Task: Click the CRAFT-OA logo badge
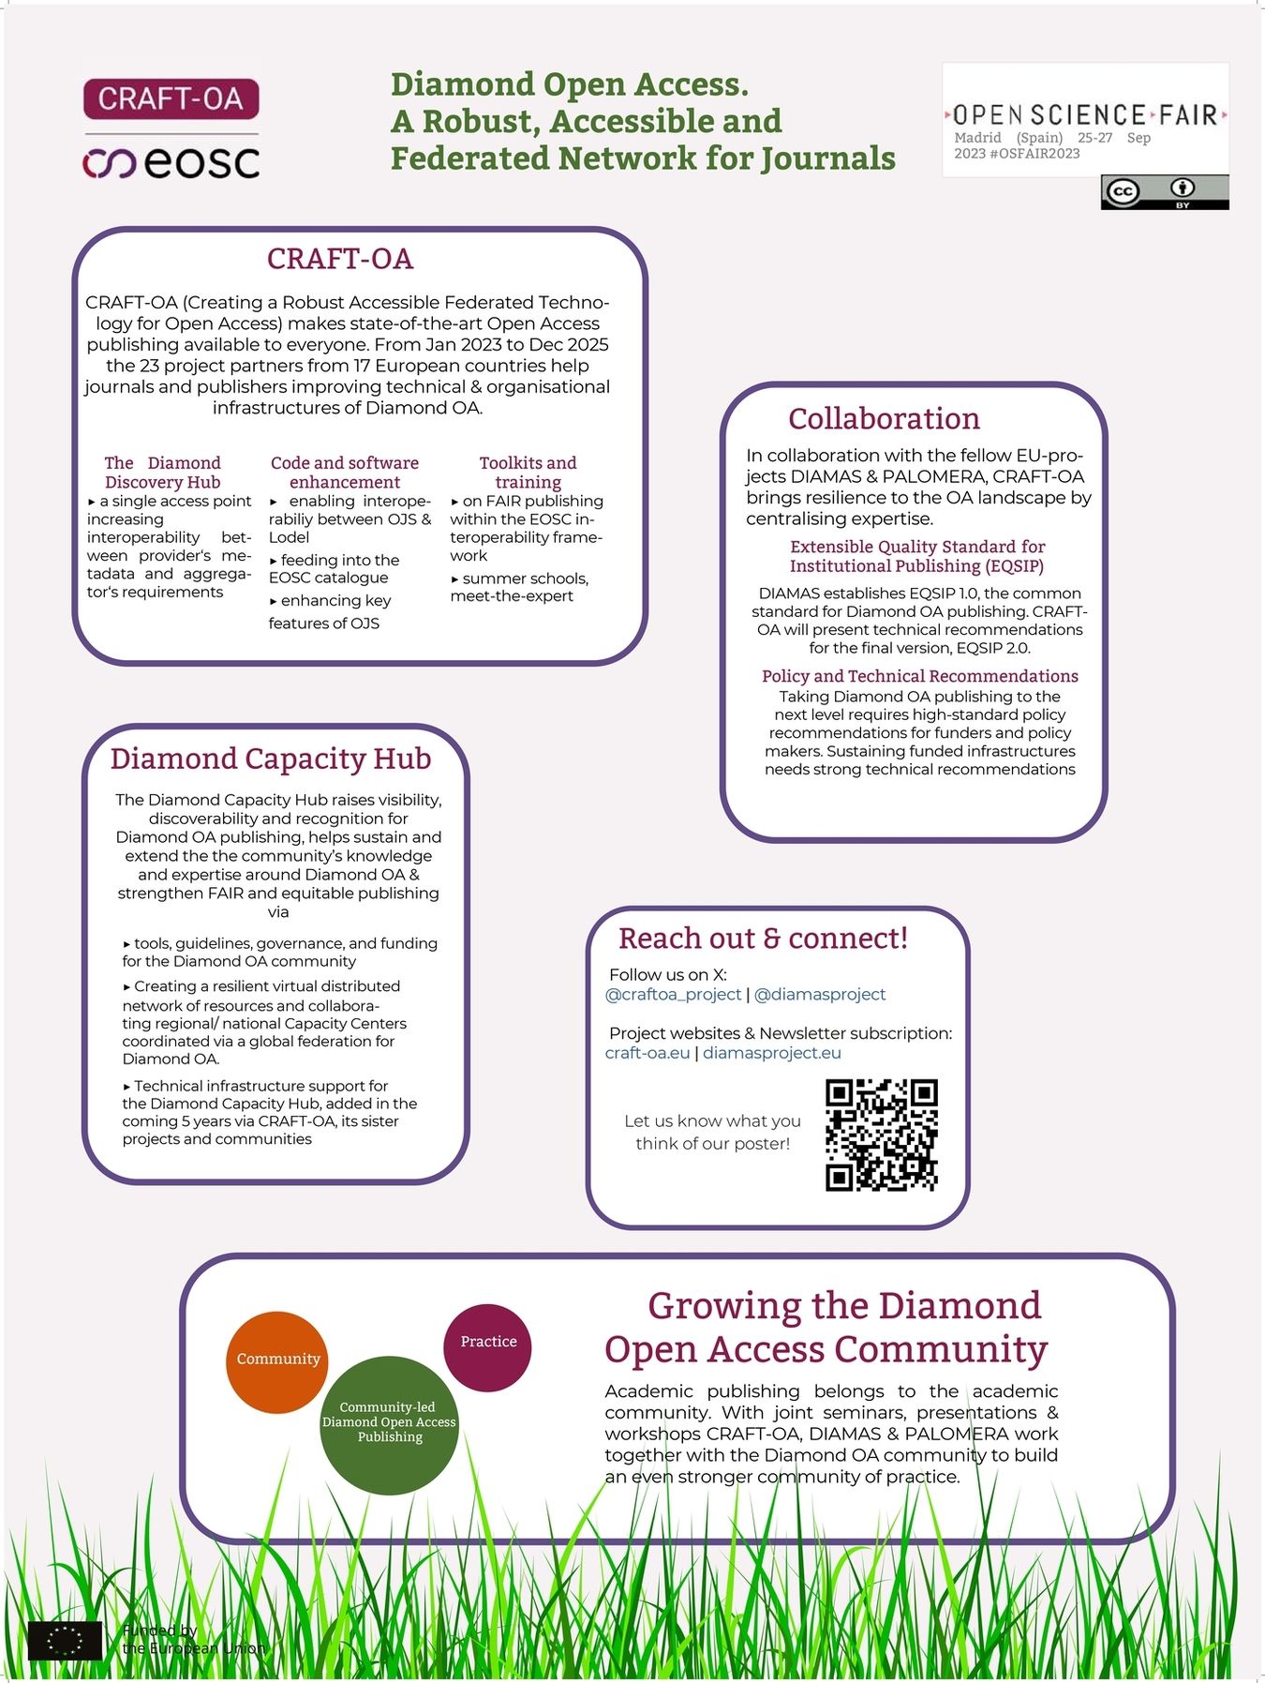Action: tap(171, 98)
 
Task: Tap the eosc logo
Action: tap(171, 163)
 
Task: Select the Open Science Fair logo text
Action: tap(1085, 114)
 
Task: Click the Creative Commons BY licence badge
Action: tap(1164, 192)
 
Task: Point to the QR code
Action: tap(881, 1135)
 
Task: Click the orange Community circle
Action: tap(277, 1361)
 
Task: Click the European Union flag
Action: tap(65, 1640)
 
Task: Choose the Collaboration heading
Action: tap(884, 418)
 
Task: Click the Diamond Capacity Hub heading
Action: tap(271, 758)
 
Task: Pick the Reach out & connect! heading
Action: tap(763, 938)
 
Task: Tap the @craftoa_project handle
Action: tap(673, 994)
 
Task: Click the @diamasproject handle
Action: tap(819, 994)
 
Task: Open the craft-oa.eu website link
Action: tap(647, 1052)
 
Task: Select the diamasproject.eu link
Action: tap(772, 1052)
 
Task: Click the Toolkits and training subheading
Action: tap(528, 472)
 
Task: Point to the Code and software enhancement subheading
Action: tap(344, 472)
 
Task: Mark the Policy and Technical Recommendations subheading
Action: tap(919, 676)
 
